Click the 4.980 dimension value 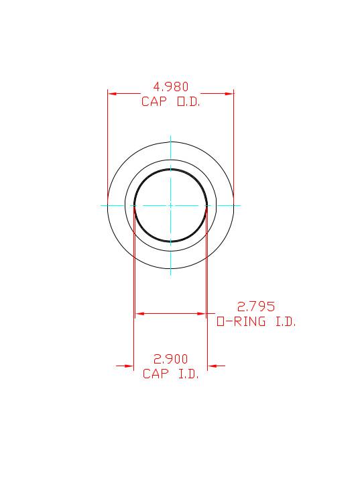point(171,87)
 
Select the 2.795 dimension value point(256,307)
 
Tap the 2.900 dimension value point(171,359)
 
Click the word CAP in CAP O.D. point(154,102)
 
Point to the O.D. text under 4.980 point(188,102)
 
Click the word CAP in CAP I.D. point(155,374)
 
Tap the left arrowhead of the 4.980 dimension point(112,94)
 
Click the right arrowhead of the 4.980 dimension point(229,94)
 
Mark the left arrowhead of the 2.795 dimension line point(139,313)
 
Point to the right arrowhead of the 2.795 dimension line point(201,313)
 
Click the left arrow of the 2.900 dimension point(129,366)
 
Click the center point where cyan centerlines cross point(171,205)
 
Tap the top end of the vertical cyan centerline point(171,137)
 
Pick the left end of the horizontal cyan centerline point(102,205)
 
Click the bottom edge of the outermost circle point(171,268)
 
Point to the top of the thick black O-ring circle point(171,169)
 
